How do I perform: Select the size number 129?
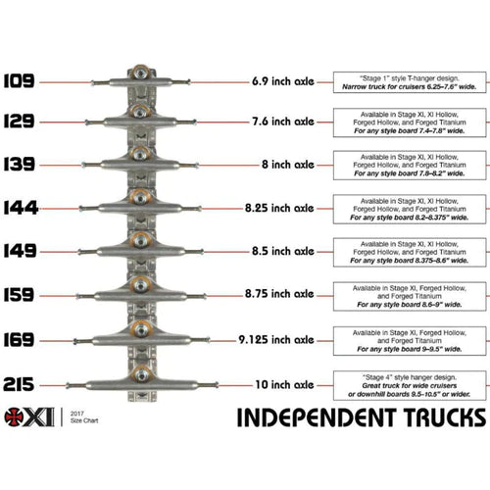(x=20, y=122)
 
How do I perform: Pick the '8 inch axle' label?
(x=282, y=165)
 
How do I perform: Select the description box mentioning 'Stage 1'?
(x=410, y=80)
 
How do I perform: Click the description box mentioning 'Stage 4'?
(x=410, y=383)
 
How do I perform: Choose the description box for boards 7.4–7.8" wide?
(x=410, y=122)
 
